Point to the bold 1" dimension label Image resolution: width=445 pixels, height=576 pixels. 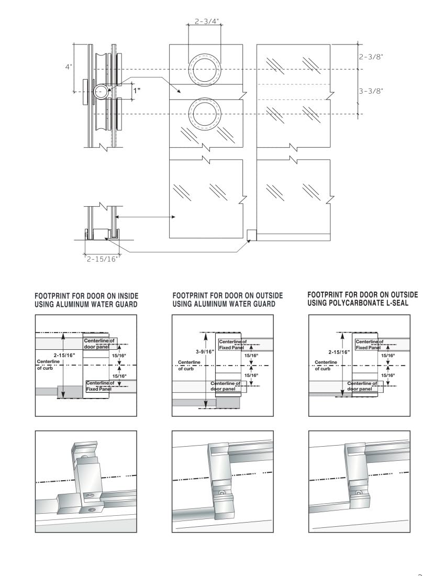(137, 90)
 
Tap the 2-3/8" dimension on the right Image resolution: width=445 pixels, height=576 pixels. (371, 57)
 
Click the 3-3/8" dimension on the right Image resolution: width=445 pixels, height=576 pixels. (371, 91)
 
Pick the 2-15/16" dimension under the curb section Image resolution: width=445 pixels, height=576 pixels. (103, 258)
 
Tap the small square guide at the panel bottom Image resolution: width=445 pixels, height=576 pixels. (251, 235)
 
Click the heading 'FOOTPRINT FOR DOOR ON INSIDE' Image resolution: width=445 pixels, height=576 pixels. (86, 296)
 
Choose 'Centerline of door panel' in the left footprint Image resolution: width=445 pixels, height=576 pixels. (99, 344)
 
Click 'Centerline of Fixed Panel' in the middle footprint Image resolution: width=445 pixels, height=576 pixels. (231, 345)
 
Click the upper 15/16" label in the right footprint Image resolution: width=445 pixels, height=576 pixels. (388, 356)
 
